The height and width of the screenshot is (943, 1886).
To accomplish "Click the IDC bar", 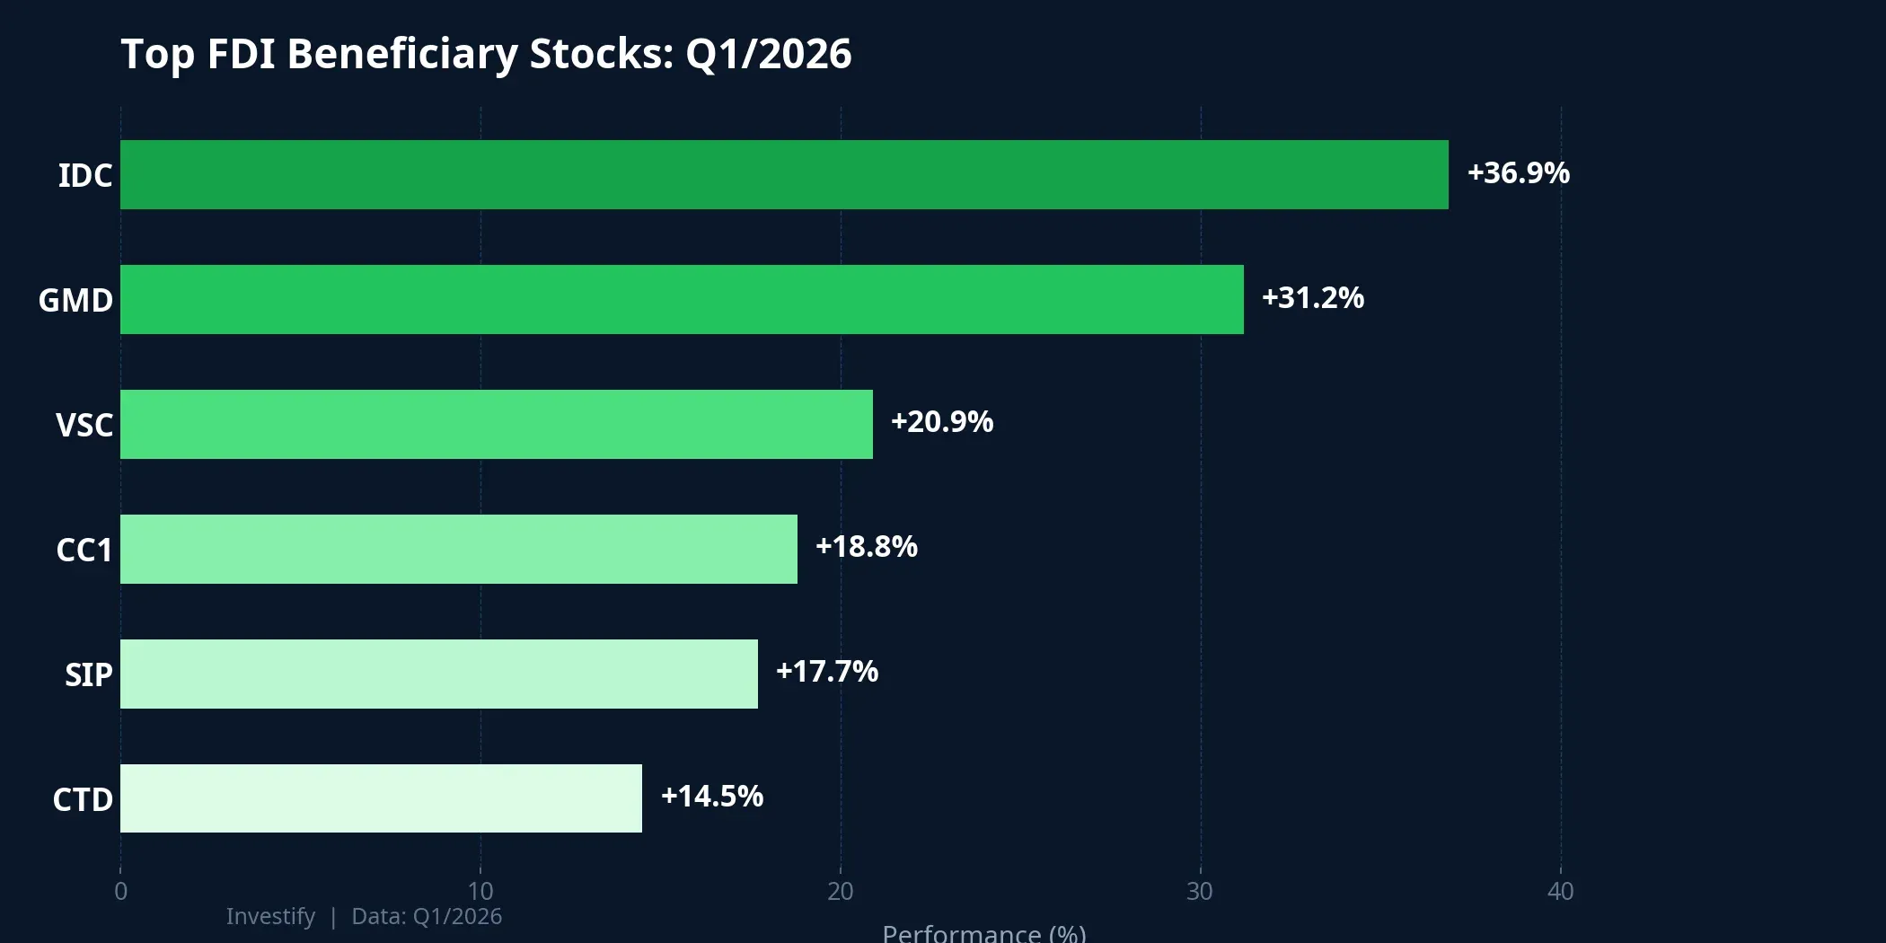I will point(784,174).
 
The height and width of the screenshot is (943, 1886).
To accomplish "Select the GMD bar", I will point(682,299).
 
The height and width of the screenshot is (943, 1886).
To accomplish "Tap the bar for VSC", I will point(497,424).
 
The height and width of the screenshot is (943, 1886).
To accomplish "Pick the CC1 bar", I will point(459,549).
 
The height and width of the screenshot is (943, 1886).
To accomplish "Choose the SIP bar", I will point(439,674).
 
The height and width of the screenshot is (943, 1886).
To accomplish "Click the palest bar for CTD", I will point(381,798).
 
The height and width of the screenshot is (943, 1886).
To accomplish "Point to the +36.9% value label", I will point(1518,172).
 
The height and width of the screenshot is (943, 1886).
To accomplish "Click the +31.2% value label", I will point(1312,297).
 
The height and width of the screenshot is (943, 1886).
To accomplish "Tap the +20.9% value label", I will point(941,421).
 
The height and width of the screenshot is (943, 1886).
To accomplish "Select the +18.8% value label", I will point(866,546).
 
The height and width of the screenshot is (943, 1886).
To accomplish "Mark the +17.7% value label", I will point(826,671).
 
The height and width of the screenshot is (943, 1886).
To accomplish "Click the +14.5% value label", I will point(711,796).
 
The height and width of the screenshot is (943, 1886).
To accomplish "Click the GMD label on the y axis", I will point(75,300).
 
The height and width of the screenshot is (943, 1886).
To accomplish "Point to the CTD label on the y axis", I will point(83,799).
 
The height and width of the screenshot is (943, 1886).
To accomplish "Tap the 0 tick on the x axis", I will point(120,891).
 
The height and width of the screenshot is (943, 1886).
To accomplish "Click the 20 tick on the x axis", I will point(841,891).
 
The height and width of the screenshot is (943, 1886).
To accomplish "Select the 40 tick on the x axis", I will point(1560,891).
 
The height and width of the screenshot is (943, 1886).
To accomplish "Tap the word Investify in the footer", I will point(270,916).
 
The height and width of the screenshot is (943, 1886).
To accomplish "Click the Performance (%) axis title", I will point(983,934).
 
